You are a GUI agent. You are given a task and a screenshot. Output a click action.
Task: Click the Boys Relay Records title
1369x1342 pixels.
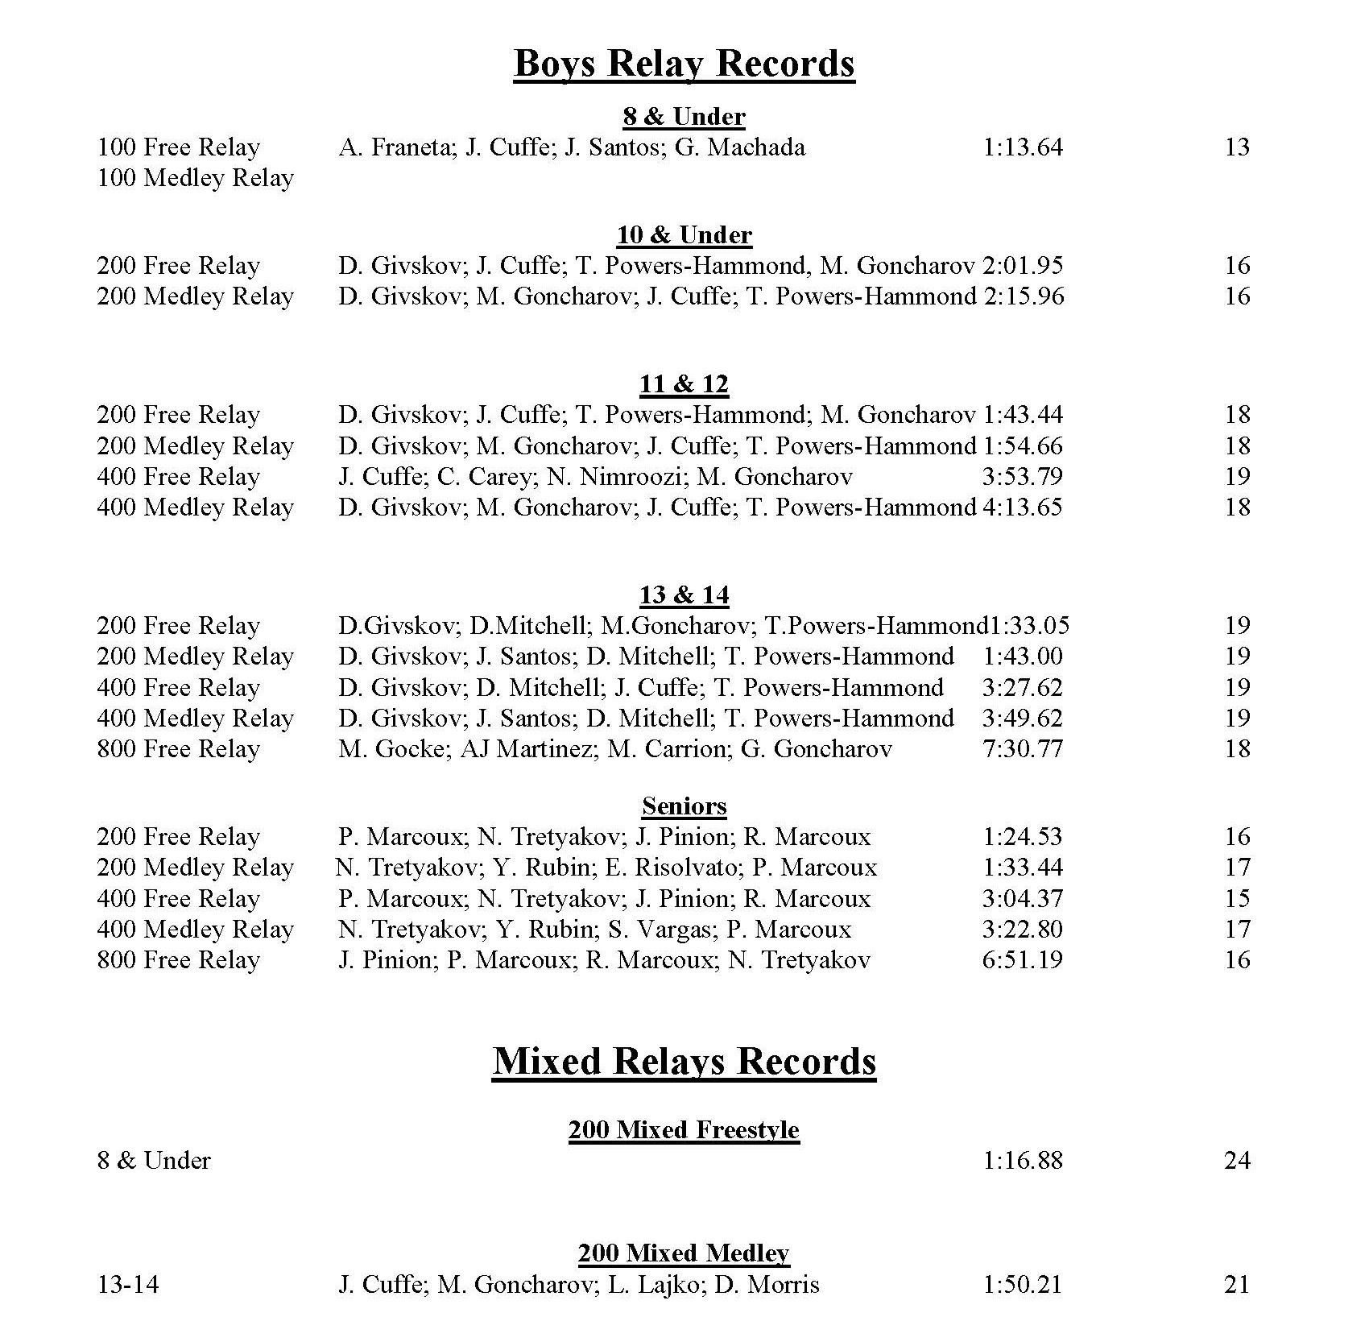pos(684,63)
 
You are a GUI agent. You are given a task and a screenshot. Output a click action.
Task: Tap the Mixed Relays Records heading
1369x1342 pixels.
pos(684,1061)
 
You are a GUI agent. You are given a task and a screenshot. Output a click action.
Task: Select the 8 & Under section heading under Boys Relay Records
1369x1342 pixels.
pos(684,117)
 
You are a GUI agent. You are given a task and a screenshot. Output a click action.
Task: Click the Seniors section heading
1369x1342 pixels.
pos(684,806)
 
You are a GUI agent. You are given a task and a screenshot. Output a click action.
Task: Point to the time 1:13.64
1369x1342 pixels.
pos(1023,147)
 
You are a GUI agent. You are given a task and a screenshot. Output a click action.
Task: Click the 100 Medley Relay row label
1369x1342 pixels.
pos(195,178)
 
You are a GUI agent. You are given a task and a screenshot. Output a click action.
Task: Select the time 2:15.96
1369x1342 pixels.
pos(1024,296)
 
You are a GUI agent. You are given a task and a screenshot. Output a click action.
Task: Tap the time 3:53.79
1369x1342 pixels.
pos(1023,477)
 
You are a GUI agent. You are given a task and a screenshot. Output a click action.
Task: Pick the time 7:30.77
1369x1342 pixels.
pos(1023,749)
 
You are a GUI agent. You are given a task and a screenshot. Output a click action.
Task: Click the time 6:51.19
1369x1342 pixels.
pos(1023,960)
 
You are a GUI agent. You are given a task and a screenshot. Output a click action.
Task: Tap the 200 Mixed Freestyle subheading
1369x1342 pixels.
pos(684,1129)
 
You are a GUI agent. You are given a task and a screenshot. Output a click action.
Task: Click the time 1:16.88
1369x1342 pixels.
pos(1023,1161)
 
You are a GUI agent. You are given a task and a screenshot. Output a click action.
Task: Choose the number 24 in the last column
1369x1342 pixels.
pos(1237,1161)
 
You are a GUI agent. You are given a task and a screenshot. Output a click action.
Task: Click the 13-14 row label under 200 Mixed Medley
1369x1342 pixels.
pos(128,1284)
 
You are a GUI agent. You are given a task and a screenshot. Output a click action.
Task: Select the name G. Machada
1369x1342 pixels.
pos(740,147)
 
